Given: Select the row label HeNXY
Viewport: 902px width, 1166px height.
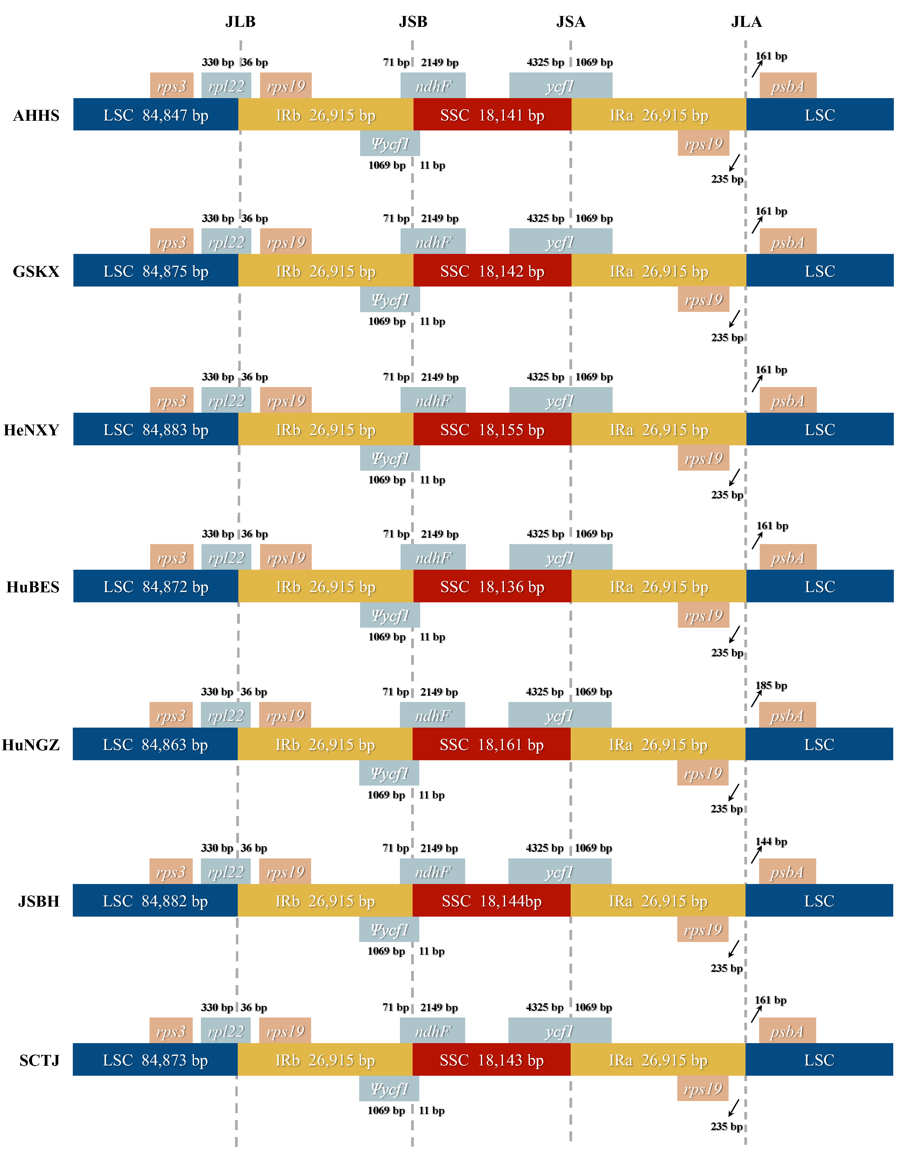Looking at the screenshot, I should pyautogui.click(x=31, y=430).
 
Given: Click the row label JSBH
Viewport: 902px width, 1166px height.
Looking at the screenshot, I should pyautogui.click(x=38, y=901).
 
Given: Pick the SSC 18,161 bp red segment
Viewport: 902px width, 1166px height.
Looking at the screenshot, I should pyautogui.click(x=491, y=744).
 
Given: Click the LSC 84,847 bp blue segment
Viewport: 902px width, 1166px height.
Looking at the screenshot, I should pyautogui.click(x=155, y=115).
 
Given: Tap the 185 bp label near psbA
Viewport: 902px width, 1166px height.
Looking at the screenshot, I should pyautogui.click(x=771, y=686).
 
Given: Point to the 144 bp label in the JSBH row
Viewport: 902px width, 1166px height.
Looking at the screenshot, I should pyautogui.click(x=771, y=842).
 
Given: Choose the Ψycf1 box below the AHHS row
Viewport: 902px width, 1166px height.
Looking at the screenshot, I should pyautogui.click(x=390, y=144).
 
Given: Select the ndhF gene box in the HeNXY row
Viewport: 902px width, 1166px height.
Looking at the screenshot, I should pyautogui.click(x=433, y=400).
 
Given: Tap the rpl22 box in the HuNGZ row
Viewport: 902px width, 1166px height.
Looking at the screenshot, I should pyautogui.click(x=225, y=716).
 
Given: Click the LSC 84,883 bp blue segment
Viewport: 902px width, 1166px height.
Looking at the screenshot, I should pyautogui.click(x=155, y=430).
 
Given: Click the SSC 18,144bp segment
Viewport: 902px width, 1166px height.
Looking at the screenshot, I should pyautogui.click(x=491, y=901).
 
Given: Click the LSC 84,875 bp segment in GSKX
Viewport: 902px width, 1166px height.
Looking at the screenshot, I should pyautogui.click(x=155, y=271).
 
